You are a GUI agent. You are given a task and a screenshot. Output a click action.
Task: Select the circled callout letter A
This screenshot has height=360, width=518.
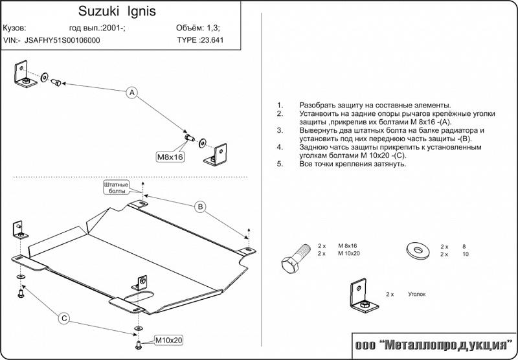(131, 93)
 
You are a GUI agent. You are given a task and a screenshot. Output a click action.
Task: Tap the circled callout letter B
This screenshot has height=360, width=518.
(201, 207)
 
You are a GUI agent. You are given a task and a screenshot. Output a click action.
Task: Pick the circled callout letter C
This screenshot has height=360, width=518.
(64, 318)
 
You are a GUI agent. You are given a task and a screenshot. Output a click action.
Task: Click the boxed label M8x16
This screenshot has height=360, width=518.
(170, 157)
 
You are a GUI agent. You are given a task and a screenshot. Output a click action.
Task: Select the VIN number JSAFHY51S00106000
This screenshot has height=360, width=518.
(63, 40)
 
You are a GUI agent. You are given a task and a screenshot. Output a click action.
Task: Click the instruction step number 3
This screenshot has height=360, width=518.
(280, 130)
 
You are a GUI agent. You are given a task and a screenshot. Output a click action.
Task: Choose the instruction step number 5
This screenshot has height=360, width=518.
(280, 164)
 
